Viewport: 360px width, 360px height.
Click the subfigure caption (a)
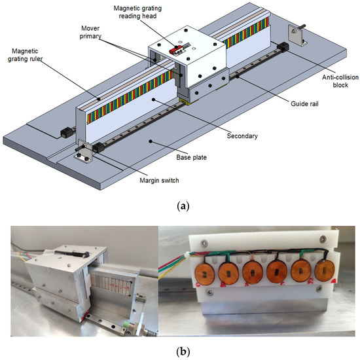[179, 206]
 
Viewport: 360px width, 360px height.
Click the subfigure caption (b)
[179, 350]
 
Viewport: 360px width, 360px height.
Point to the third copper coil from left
[253, 272]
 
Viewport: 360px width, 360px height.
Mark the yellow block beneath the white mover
[185, 100]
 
